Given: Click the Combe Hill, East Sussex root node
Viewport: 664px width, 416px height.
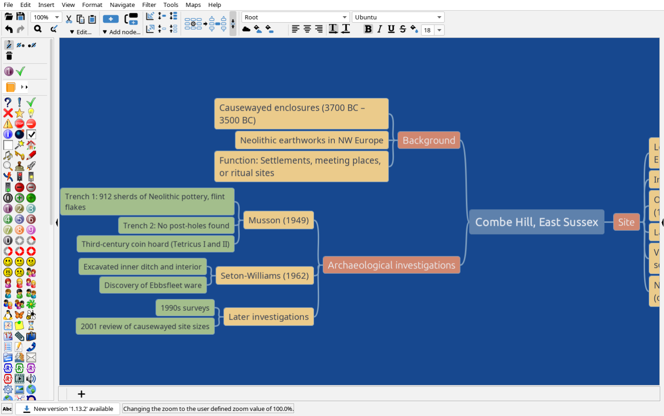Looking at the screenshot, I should [536, 222].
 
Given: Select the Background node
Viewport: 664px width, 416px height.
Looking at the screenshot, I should [428, 140].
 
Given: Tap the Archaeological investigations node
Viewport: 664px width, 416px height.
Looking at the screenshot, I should [391, 265].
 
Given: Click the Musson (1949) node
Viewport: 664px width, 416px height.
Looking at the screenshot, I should [279, 220].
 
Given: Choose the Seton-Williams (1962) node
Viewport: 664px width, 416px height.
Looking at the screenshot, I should [264, 276].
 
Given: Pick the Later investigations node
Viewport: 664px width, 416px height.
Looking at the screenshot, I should [268, 317].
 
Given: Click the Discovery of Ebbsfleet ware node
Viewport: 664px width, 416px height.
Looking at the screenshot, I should [153, 285].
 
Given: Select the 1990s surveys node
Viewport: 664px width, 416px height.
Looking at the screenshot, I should [185, 308].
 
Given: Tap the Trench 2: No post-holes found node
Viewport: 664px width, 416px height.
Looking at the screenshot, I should [176, 226].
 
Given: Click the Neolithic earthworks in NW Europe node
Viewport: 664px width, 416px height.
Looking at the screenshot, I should [311, 140].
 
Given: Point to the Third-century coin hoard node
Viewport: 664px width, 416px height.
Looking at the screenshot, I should [155, 244].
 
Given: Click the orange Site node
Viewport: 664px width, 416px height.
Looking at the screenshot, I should [626, 222].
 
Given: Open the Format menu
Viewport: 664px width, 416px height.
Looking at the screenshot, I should [92, 5].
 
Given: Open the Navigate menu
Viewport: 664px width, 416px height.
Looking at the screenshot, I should [122, 5].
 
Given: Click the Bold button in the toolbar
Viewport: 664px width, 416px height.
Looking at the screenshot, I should [368, 29].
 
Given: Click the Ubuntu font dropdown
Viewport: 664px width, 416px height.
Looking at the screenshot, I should [397, 17].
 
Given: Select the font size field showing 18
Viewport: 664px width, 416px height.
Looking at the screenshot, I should [427, 30].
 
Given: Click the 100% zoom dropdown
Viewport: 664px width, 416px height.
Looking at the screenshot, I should [47, 17].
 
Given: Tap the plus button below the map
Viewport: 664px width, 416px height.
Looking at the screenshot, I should [82, 394].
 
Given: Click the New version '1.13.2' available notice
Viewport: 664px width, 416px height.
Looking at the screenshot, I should [68, 409].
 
